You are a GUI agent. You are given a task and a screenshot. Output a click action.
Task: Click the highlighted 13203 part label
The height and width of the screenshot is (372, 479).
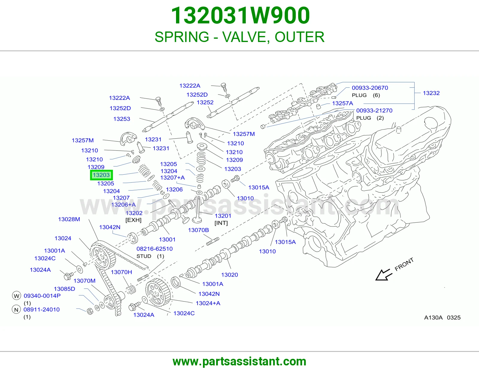coord(101,175)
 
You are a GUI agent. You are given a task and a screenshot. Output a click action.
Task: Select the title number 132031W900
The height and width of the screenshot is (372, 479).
coord(240,15)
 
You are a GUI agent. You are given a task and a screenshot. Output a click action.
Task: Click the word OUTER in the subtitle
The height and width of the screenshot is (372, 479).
coord(300,37)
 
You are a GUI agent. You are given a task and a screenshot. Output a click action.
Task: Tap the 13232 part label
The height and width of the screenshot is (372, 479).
coord(431,93)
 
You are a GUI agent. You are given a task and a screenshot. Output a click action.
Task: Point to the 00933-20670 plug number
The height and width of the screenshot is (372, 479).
coord(370,88)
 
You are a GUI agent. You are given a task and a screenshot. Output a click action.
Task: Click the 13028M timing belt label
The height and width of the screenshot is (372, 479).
coord(69,219)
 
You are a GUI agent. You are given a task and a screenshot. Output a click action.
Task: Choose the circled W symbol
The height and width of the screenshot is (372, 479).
coord(16,296)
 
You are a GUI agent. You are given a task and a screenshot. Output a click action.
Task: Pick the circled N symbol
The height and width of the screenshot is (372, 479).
coord(16,310)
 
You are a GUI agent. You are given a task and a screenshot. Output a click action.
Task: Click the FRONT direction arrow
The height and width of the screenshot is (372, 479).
coord(384,275)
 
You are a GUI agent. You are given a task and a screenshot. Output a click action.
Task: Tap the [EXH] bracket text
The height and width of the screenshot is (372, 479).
coord(133,220)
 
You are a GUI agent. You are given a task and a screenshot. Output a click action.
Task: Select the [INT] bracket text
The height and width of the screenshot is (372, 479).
coord(221,223)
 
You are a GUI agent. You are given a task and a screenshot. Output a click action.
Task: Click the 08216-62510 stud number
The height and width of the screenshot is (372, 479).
coord(154,249)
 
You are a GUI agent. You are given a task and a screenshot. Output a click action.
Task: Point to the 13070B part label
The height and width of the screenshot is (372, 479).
coord(198,230)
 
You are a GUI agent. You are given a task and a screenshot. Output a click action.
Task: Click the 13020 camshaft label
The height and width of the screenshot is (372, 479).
coord(229,274)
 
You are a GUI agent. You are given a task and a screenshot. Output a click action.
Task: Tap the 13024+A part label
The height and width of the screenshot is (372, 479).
coord(208,303)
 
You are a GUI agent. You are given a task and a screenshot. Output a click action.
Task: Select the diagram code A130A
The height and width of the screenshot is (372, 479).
coord(433,317)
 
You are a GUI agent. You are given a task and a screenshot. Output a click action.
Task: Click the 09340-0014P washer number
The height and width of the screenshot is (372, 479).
coord(42,295)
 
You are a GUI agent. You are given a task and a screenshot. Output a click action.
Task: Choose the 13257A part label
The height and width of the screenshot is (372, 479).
coord(342,103)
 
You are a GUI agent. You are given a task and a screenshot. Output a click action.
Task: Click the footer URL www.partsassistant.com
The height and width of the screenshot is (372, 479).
coord(239,361)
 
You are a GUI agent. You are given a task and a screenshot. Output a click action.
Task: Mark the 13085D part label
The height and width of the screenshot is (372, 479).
coord(64,289)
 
